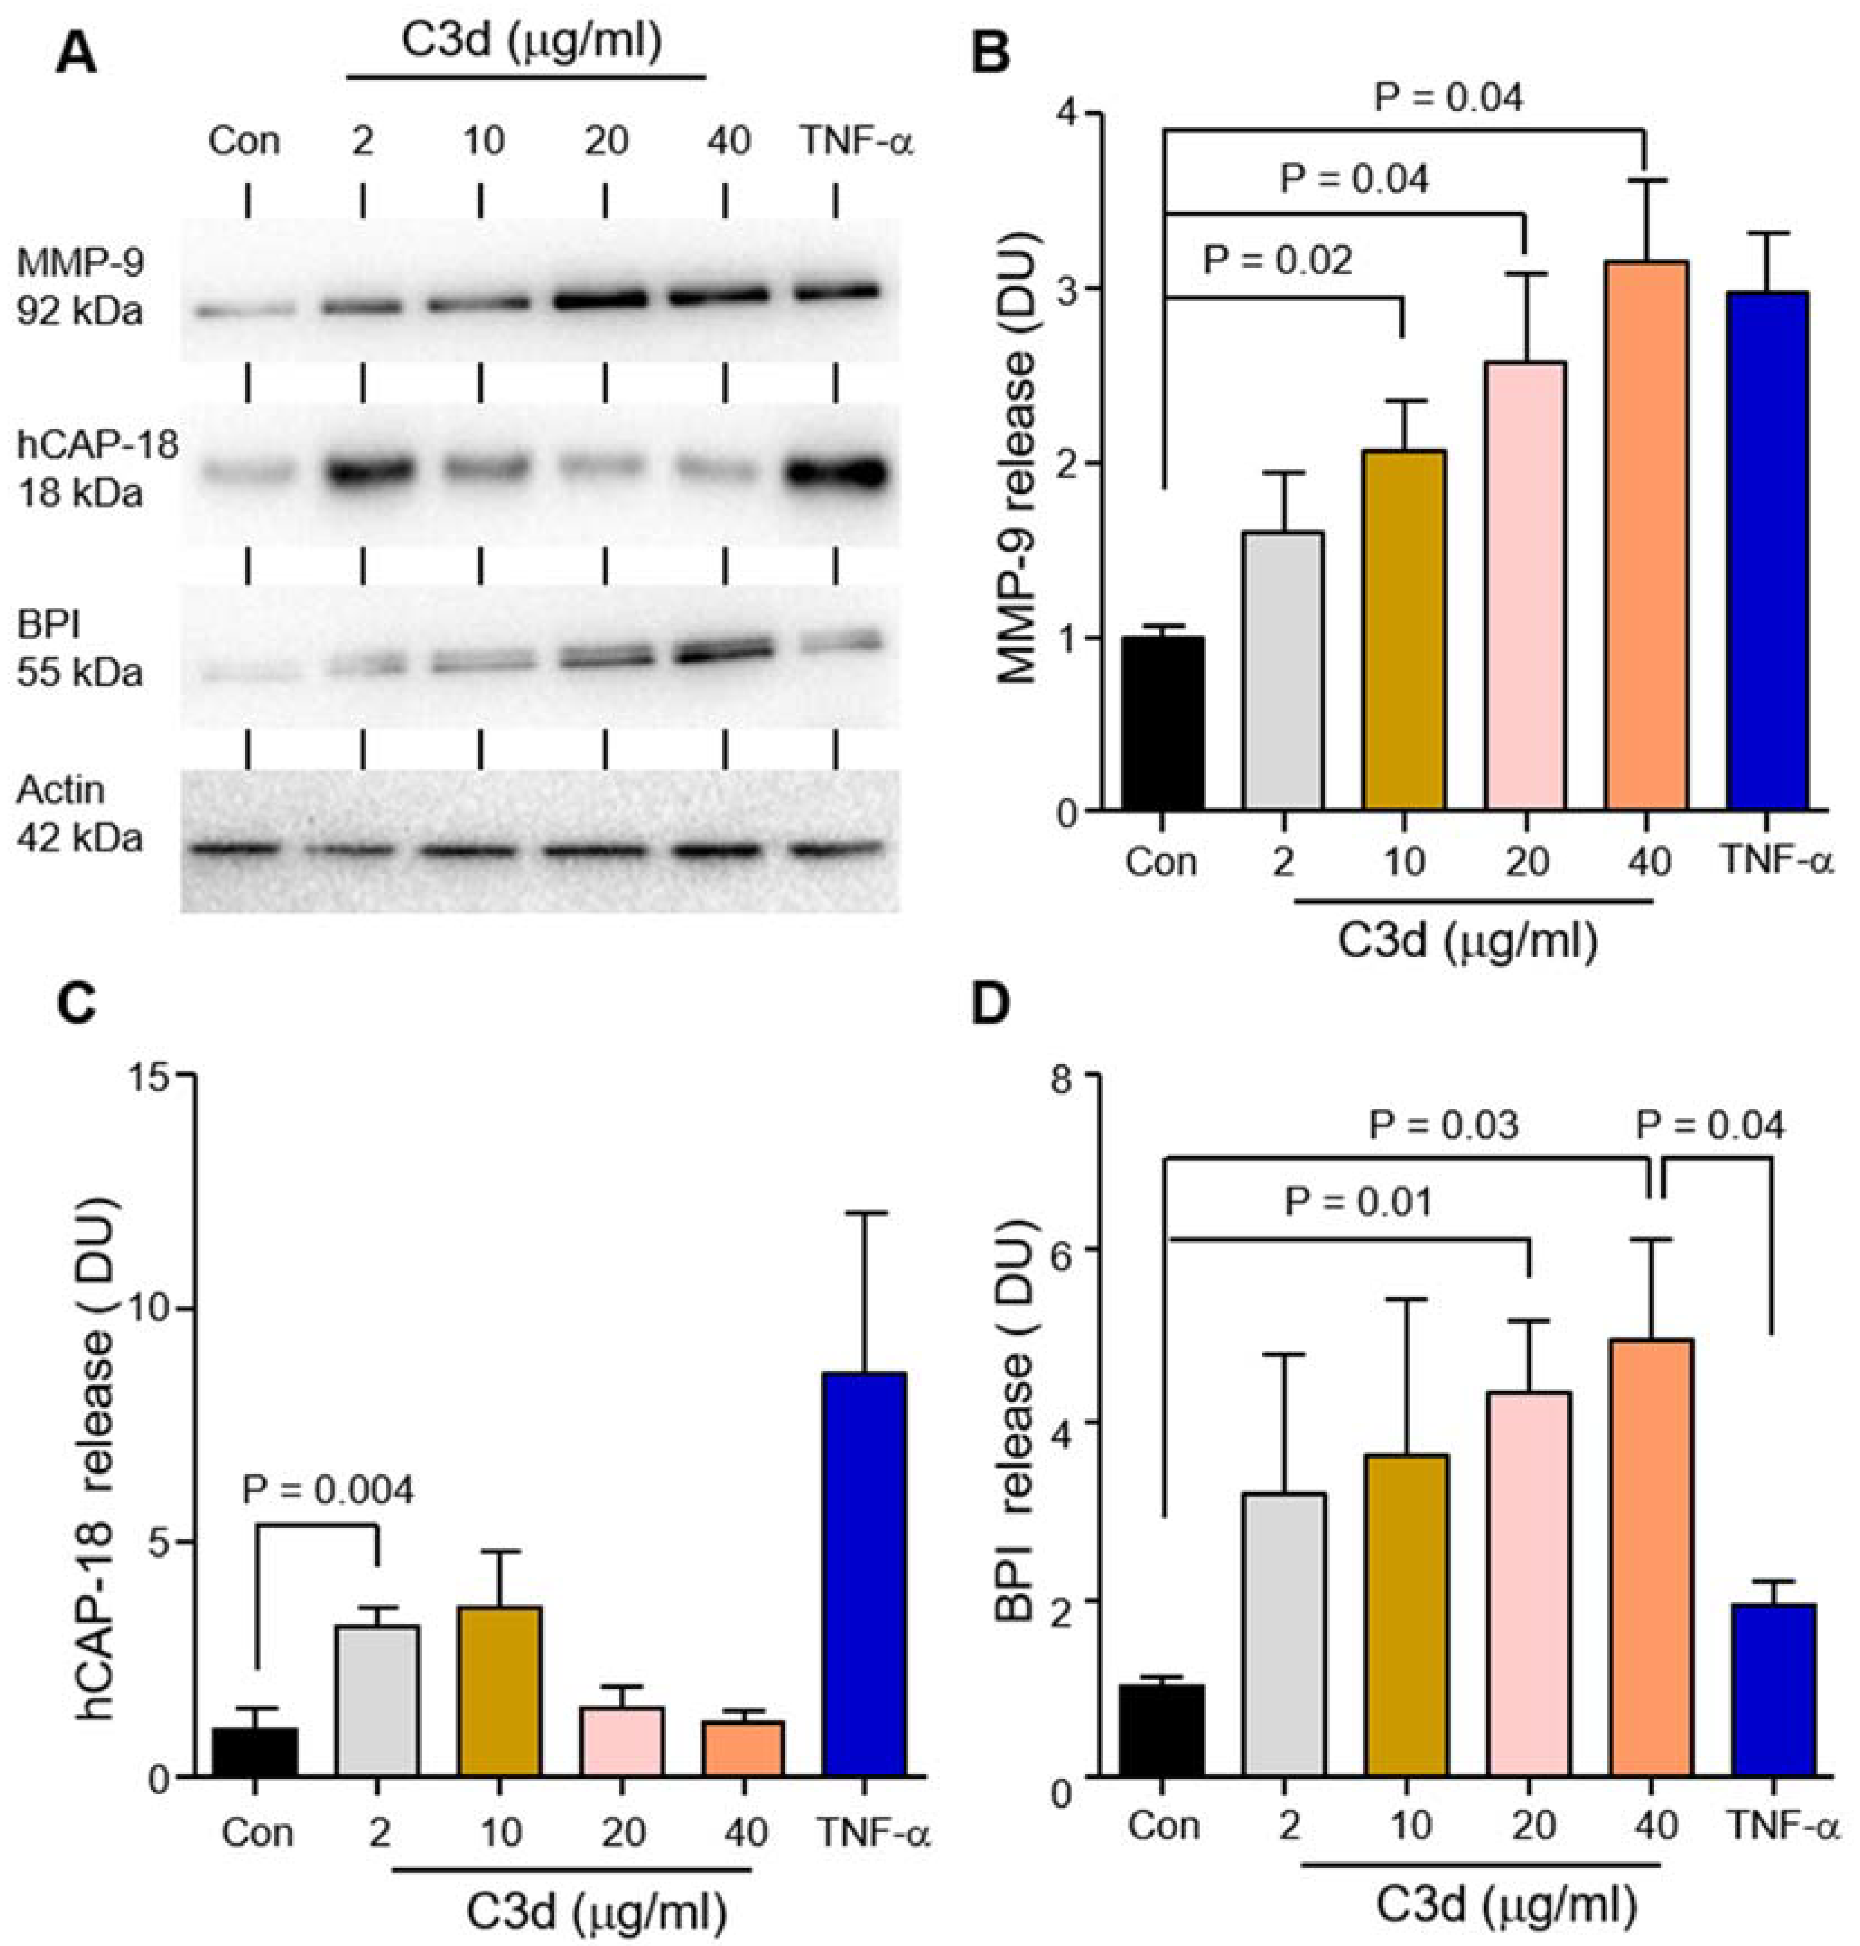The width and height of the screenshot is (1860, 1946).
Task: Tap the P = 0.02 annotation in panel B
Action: [x=1278, y=260]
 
